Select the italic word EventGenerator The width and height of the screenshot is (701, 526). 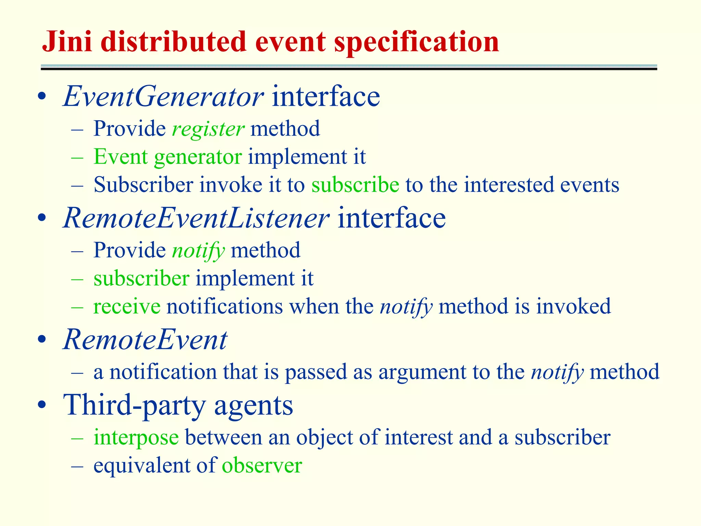click(163, 97)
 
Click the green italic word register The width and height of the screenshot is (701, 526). click(208, 129)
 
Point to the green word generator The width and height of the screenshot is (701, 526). click(198, 157)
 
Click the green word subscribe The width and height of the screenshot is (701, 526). click(355, 185)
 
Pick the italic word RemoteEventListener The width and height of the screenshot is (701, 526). click(196, 218)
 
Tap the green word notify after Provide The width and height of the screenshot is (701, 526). click(198, 251)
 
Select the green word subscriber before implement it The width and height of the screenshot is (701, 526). click(141, 278)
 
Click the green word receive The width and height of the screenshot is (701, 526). click(127, 306)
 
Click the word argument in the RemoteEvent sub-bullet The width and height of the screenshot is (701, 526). click(422, 372)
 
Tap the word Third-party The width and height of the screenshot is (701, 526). click(135, 405)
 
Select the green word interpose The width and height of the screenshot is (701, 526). click(136, 438)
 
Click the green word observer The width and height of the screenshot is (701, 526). click(262, 466)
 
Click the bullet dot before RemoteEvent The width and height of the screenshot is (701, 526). click(42, 340)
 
